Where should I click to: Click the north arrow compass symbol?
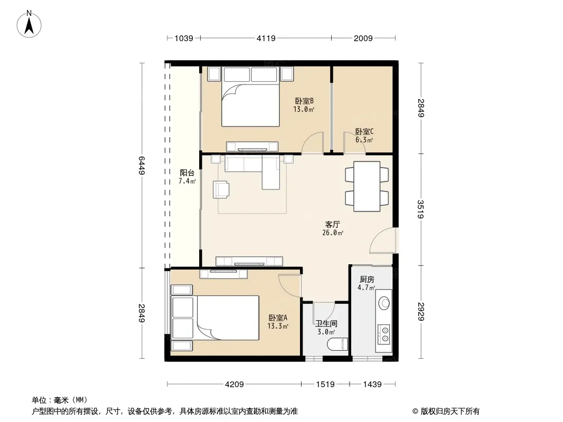(29, 24)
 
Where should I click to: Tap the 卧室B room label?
(304, 101)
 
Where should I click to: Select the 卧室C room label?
(364, 131)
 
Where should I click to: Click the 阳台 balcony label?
(187, 173)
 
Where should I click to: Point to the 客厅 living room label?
(333, 225)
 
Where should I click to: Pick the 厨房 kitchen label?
(367, 279)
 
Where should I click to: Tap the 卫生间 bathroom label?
(326, 324)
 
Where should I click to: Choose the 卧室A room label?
(278, 318)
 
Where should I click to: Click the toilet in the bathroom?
(338, 344)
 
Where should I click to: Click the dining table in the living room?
(367, 186)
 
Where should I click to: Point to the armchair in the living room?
(221, 189)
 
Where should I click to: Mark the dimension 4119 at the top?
(266, 38)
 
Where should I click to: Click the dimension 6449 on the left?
(142, 165)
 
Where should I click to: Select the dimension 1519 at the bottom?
(325, 385)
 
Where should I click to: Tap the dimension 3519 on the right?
(421, 209)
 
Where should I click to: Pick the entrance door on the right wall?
(384, 241)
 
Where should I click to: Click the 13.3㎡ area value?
(278, 327)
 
